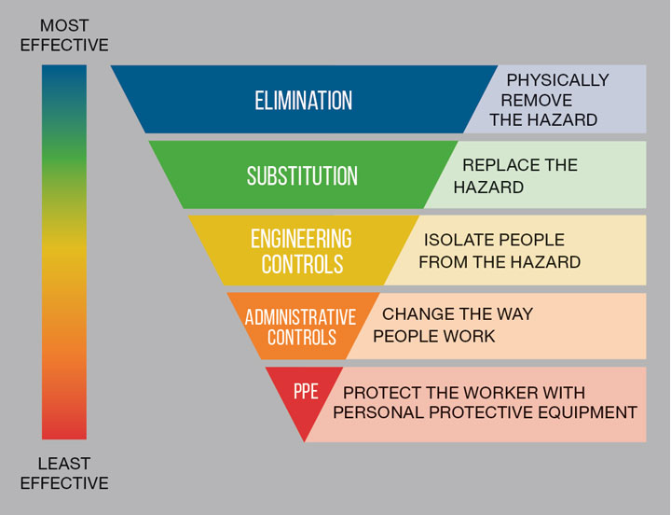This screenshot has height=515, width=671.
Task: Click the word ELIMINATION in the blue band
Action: point(304,100)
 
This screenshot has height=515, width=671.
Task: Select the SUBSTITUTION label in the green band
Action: point(302,175)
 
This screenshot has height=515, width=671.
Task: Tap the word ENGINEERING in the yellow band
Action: point(301,239)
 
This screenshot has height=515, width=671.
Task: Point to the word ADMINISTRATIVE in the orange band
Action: point(300,316)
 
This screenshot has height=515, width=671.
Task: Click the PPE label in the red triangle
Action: point(306,392)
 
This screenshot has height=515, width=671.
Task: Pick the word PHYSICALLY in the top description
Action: point(557,80)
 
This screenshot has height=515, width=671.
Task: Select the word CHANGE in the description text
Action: point(419,313)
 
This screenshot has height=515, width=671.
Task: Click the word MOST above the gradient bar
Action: point(63,25)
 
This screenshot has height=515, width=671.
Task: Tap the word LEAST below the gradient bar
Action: point(63,463)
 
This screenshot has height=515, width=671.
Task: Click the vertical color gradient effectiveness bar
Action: point(64,252)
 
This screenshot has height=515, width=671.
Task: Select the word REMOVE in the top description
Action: point(537,100)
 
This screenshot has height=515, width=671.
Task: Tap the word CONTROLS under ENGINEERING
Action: point(301,264)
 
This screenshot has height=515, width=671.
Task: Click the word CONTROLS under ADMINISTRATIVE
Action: point(301,337)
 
